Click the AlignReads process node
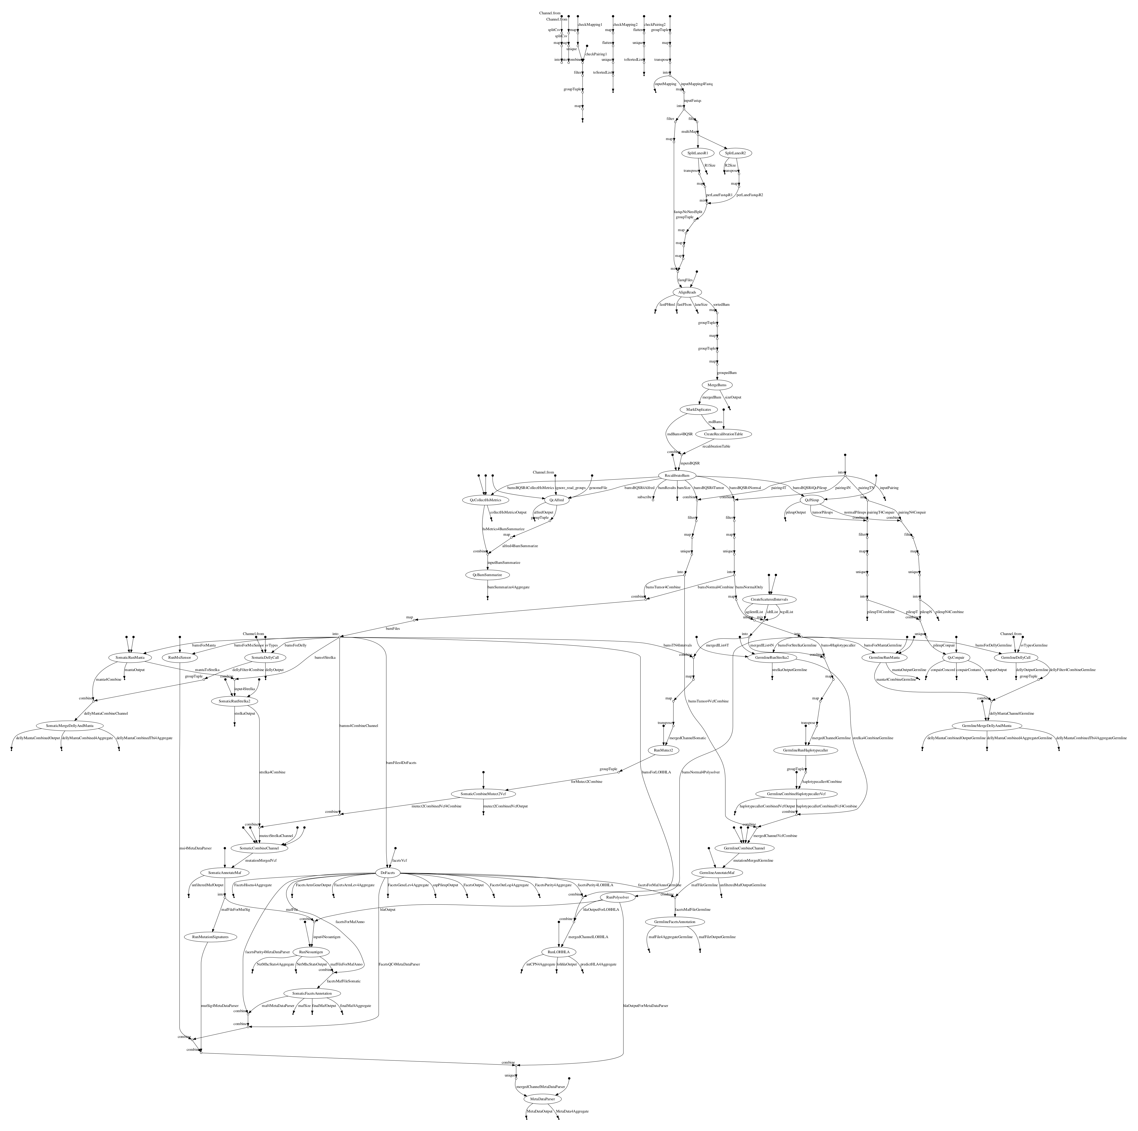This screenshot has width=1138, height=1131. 684,292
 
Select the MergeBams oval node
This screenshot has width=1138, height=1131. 717,385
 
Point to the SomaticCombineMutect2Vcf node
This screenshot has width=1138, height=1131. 483,793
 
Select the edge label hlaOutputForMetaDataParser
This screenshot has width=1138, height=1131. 646,1005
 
